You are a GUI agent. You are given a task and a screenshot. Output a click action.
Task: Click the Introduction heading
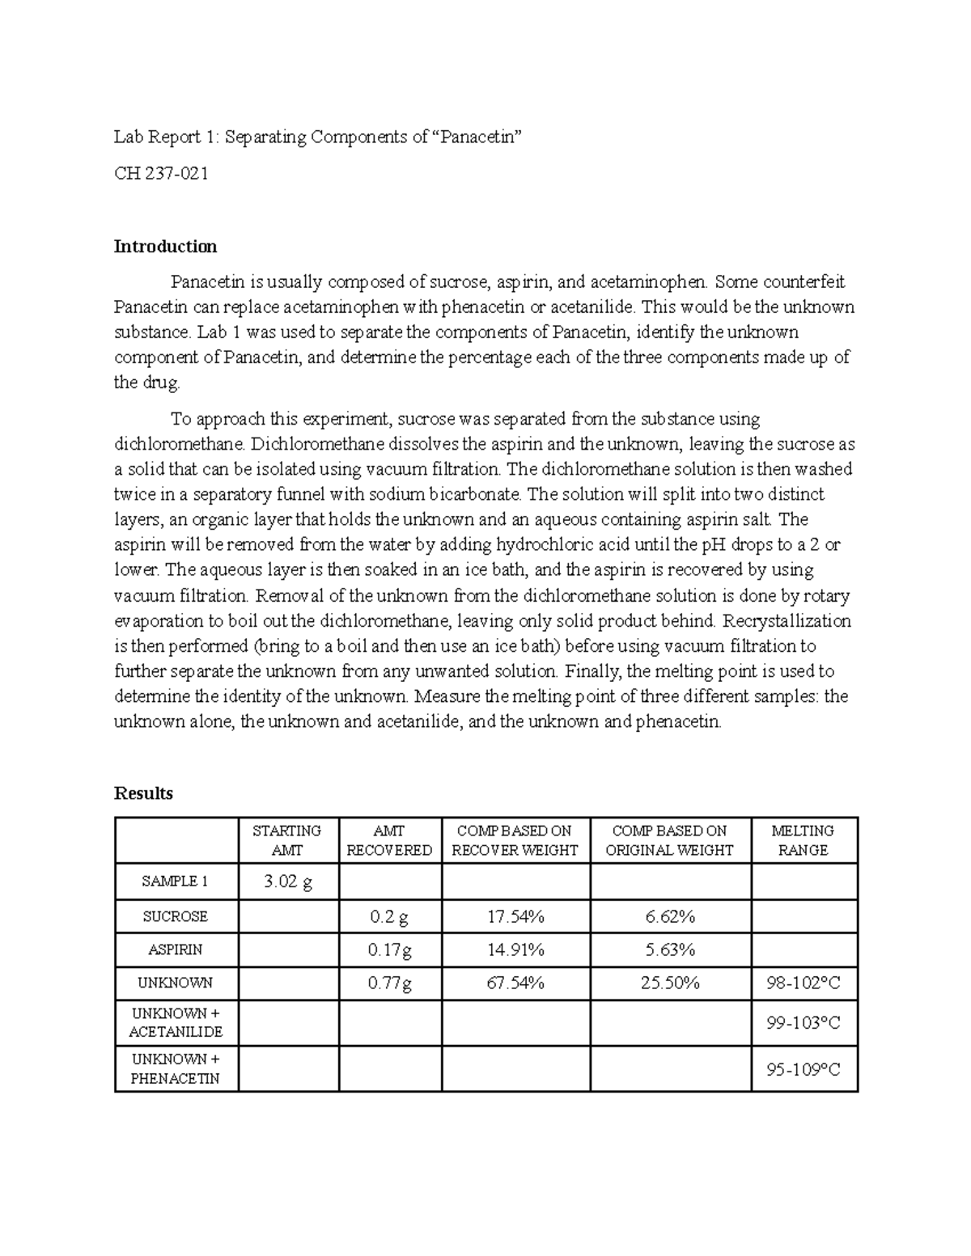165,246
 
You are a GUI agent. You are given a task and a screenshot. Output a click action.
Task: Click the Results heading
143,793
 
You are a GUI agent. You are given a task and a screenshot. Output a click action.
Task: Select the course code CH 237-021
161,173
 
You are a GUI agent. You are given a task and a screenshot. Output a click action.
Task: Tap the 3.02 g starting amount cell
288,882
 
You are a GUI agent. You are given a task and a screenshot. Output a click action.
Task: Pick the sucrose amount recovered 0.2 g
389,916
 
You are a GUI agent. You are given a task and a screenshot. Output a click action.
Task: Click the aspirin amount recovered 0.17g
389,949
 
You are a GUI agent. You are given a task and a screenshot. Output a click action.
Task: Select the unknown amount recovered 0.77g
389,983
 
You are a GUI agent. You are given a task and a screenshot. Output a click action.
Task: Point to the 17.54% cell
515,916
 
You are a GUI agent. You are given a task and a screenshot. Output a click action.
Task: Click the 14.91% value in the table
515,949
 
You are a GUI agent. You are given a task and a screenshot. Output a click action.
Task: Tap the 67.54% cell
515,983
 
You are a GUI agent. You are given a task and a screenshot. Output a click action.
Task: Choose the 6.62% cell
670,916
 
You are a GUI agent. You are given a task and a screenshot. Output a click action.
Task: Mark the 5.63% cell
670,949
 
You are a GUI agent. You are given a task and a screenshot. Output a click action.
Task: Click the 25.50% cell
670,983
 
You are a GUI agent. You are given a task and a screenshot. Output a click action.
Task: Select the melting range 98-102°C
804,983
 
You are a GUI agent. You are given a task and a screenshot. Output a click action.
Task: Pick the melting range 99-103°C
804,1023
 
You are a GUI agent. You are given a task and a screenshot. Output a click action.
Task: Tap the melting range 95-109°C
804,1069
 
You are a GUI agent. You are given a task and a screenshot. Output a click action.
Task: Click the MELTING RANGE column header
804,840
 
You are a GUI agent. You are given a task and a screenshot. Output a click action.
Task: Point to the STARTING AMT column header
287,840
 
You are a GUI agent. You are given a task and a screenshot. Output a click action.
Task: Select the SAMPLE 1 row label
176,882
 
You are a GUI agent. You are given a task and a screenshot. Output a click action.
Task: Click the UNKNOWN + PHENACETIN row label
176,1068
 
